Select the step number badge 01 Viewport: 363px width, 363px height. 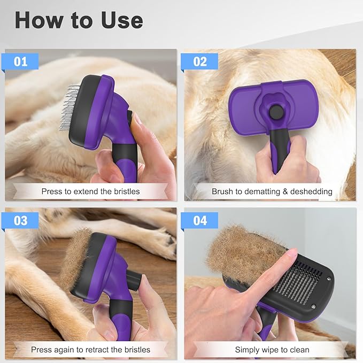(x=21, y=61)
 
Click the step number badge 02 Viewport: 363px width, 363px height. (x=199, y=61)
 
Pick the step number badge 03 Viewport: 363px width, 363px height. (x=21, y=220)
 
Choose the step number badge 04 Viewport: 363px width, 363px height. (x=199, y=220)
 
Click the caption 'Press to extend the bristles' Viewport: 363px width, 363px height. (x=90, y=191)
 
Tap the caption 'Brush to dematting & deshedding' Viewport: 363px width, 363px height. (x=272, y=191)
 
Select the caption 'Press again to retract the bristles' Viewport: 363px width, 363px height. (x=90, y=350)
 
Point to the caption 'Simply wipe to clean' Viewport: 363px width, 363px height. (x=272, y=350)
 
